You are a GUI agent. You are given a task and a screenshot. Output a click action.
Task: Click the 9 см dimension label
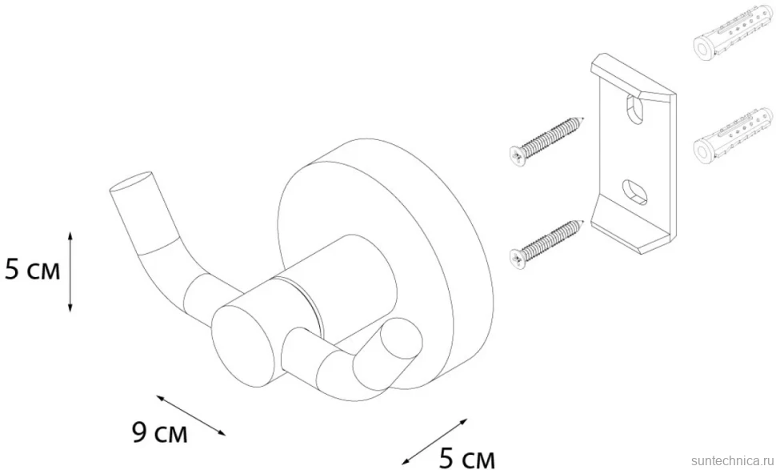[x=160, y=433]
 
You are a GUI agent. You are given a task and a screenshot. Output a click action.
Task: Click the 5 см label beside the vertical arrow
[x=32, y=271]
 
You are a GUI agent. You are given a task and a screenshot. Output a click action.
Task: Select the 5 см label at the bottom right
[x=466, y=458]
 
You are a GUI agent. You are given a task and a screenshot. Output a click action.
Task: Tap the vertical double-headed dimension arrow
[x=70, y=271]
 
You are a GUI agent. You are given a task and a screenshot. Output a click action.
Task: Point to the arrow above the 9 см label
[x=191, y=415]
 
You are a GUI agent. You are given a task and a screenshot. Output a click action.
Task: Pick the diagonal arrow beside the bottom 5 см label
[x=434, y=442]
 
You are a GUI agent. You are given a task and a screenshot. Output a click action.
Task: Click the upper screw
[x=546, y=142]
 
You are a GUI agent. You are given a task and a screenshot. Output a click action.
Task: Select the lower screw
[x=546, y=245]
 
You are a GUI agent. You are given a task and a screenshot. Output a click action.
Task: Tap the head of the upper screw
[x=517, y=156]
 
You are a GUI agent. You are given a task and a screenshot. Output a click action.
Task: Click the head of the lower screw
[x=517, y=259]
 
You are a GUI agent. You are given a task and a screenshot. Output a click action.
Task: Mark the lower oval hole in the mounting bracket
[x=634, y=191]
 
